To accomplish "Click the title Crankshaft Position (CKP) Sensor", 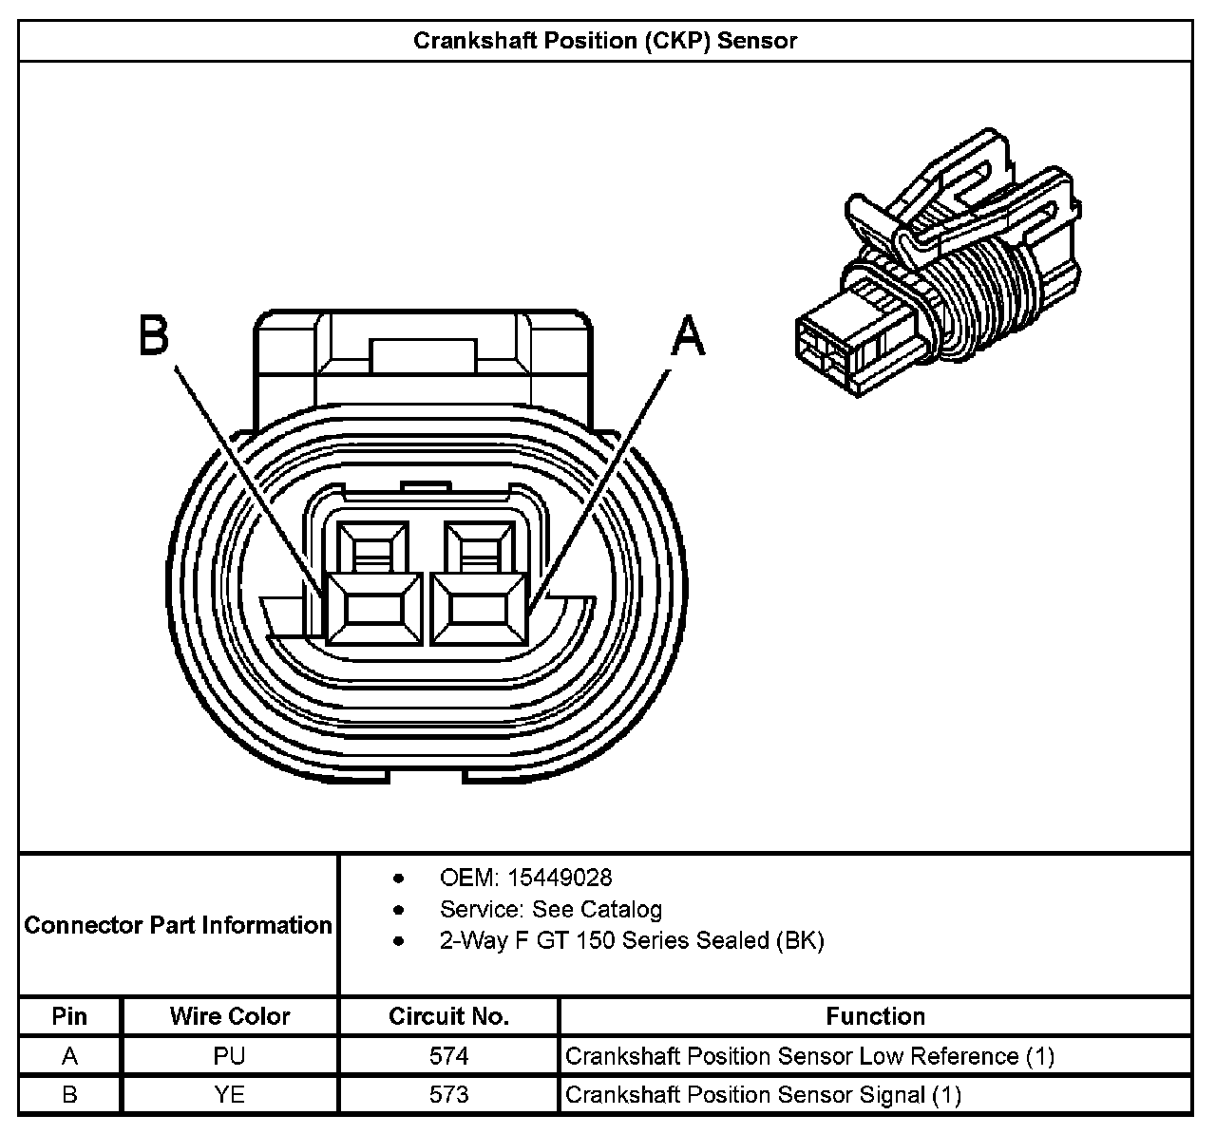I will point(605,41).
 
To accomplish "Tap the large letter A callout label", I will point(689,337).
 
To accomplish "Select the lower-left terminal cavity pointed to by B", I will point(372,609).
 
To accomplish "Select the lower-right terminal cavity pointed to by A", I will point(477,609).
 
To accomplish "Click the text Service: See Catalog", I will point(550,909).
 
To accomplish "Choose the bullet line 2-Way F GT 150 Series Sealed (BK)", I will point(632,940).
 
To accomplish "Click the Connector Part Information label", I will point(179,925).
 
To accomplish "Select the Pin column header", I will point(69,1016).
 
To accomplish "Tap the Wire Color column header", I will point(230,1016).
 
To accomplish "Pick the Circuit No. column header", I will point(448,1016).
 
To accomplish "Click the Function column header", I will point(875,1016).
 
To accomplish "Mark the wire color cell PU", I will point(230,1056).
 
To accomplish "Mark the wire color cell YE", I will point(230,1095).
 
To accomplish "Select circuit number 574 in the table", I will point(448,1056).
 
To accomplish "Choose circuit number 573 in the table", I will point(448,1095).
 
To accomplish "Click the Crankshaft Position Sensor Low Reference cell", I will point(809,1056).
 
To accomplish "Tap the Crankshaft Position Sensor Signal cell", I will point(763,1095).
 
